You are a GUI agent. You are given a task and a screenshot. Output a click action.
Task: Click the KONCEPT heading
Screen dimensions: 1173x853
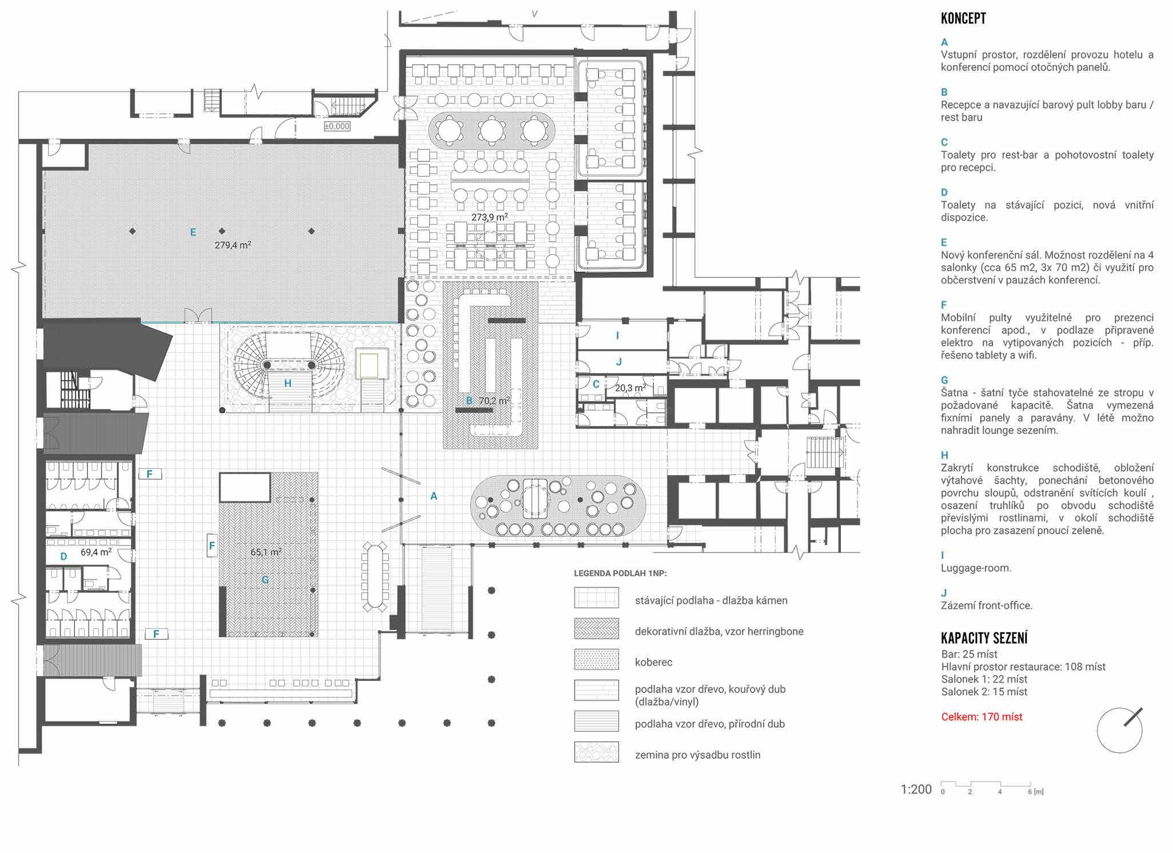click(x=963, y=18)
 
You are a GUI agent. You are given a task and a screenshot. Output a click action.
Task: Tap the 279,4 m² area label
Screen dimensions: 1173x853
click(x=233, y=245)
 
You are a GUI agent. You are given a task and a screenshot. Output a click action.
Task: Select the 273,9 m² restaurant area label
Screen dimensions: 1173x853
click(x=489, y=217)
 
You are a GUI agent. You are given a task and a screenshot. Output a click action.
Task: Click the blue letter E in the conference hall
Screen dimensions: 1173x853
click(x=193, y=232)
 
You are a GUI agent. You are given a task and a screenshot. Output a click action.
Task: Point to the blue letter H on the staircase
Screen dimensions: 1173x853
click(x=288, y=383)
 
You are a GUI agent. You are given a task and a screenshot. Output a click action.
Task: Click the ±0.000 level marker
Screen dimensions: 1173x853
click(x=337, y=126)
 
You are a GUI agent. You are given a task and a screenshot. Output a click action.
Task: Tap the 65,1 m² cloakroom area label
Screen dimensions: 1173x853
click(x=266, y=552)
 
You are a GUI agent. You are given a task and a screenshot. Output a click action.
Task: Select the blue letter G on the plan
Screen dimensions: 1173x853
click(x=265, y=580)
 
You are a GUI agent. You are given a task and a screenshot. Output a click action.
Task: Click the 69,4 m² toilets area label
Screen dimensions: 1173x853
click(x=95, y=552)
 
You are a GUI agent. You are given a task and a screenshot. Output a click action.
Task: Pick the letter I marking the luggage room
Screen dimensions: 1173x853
click(x=617, y=336)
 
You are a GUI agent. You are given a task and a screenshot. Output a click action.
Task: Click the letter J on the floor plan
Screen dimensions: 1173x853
click(x=619, y=361)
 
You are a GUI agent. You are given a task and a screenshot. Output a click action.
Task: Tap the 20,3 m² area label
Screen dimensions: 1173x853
click(x=631, y=388)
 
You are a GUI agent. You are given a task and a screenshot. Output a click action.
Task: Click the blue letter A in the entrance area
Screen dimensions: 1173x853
click(x=434, y=496)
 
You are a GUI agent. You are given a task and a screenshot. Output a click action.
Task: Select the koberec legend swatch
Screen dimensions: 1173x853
click(x=596, y=659)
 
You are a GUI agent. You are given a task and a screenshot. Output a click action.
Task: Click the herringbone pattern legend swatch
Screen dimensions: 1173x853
click(x=596, y=628)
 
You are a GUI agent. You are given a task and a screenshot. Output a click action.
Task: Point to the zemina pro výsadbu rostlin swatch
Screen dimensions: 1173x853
click(x=596, y=752)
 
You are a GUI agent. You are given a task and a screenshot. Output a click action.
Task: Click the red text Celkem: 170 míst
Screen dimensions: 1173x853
click(x=982, y=716)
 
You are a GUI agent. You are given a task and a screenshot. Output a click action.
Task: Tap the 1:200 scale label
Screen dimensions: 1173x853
click(x=916, y=790)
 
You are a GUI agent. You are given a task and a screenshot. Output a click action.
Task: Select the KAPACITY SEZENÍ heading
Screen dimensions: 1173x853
click(x=984, y=637)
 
